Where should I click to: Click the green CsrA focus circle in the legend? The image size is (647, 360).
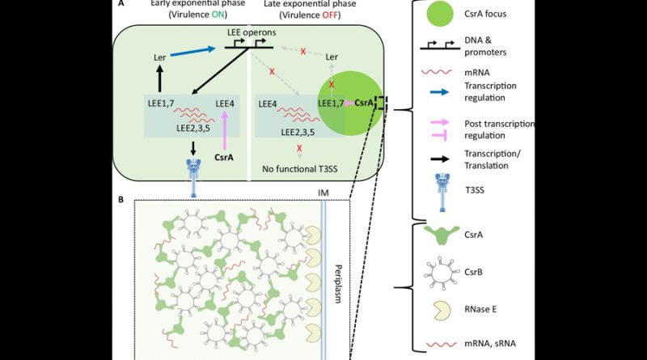[441, 14]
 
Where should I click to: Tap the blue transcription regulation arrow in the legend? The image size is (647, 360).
[439, 92]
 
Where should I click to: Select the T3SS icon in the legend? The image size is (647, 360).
[442, 192]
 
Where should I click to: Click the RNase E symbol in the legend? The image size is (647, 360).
[442, 310]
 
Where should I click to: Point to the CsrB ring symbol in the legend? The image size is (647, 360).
[442, 273]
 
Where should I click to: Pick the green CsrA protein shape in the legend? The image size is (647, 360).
[442, 235]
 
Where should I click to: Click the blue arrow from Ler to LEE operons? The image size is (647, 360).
[193, 52]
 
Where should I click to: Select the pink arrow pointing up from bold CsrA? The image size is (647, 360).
[225, 130]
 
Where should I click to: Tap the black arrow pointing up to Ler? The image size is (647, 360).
[160, 79]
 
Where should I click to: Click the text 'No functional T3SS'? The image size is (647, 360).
[300, 169]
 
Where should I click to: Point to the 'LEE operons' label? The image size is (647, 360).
[252, 32]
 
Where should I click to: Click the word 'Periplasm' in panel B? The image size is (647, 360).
[338, 284]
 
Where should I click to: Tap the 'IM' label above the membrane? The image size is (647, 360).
[323, 193]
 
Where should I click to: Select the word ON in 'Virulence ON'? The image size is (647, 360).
[218, 15]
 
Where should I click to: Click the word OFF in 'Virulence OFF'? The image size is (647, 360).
[329, 15]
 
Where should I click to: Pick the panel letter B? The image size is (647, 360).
[121, 200]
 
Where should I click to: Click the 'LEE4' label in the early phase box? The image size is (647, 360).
[225, 104]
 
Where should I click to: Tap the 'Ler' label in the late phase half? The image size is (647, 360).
[332, 57]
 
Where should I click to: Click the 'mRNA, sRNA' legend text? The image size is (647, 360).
[490, 344]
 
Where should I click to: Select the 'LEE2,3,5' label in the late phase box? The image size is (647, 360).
[298, 132]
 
